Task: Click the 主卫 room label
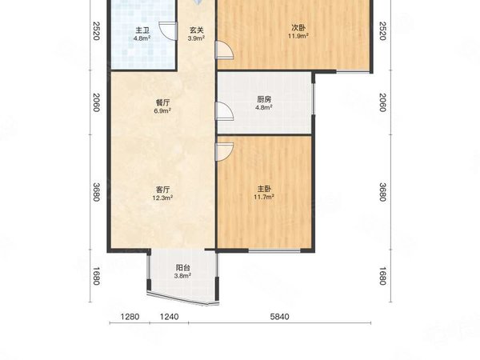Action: [142, 30]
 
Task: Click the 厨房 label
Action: [264, 99]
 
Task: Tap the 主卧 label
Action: [264, 189]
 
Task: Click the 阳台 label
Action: [183, 268]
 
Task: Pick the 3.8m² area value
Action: [183, 277]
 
